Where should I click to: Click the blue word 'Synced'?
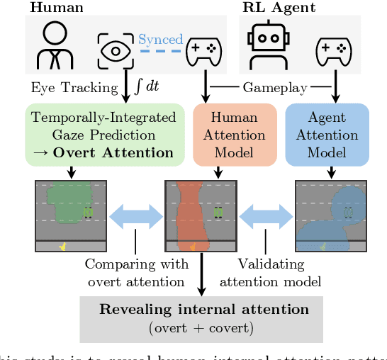pyautogui.click(x=160, y=40)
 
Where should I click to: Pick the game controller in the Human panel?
pyautogui.click(x=203, y=50)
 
